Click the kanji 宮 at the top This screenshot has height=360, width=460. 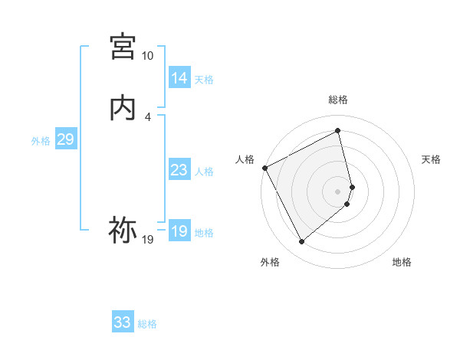pyautogui.click(x=123, y=47)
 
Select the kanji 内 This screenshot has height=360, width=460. pyautogui.click(x=123, y=108)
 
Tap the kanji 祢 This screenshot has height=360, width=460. pyautogui.click(x=123, y=229)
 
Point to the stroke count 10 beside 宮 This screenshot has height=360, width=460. pyautogui.click(x=147, y=56)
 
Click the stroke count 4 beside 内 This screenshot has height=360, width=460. pyautogui.click(x=147, y=116)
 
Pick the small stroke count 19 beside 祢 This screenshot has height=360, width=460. pyautogui.click(x=147, y=240)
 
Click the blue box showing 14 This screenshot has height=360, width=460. pyautogui.click(x=179, y=78)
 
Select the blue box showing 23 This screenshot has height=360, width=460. pyautogui.click(x=179, y=170)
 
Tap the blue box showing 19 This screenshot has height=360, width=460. pyautogui.click(x=179, y=231)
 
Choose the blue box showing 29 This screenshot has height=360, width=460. pyautogui.click(x=65, y=139)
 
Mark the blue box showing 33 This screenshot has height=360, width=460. pyautogui.click(x=122, y=322)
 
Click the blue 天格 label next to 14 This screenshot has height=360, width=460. pyautogui.click(x=204, y=79)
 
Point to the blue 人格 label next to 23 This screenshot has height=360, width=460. pyautogui.click(x=204, y=172)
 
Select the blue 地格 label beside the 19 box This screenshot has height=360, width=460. pyautogui.click(x=204, y=233)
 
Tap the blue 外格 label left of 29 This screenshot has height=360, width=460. pyautogui.click(x=41, y=141)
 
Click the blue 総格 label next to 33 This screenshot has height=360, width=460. pyautogui.click(x=147, y=324)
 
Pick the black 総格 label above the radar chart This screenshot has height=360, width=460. pyautogui.click(x=338, y=100)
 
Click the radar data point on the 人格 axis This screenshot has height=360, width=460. pyautogui.click(x=264, y=168)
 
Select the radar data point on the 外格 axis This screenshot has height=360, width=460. pyautogui.click(x=301, y=242)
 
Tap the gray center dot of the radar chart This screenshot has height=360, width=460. pyautogui.click(x=338, y=191)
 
